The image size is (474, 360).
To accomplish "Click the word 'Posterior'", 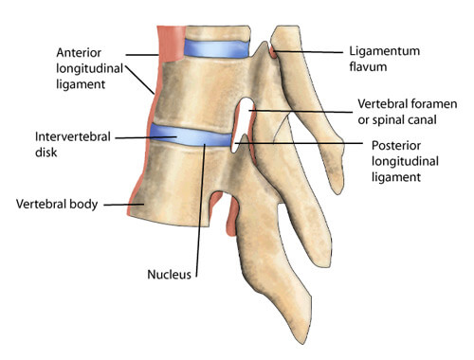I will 398,146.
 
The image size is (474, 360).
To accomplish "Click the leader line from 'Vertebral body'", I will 120,203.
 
